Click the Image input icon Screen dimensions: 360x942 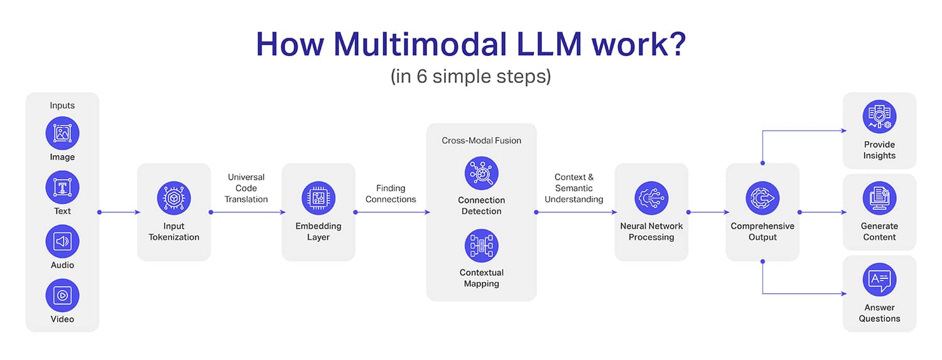pos(62,133)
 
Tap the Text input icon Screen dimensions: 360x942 pos(62,187)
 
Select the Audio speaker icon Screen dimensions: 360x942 pos(62,241)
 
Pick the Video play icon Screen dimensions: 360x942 pos(62,295)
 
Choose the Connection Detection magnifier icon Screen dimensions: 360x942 pos(482,173)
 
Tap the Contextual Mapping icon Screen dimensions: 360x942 pos(482,246)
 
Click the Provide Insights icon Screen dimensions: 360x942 pos(879,117)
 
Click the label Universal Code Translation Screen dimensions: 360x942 pos(246,188)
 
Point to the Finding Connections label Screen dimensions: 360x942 pos(391,194)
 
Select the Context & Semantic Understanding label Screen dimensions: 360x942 pos(574,188)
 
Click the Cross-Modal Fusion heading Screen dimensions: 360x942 pos(482,141)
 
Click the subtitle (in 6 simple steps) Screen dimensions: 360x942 pos(470,76)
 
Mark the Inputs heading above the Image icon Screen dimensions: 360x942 pos(62,106)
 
